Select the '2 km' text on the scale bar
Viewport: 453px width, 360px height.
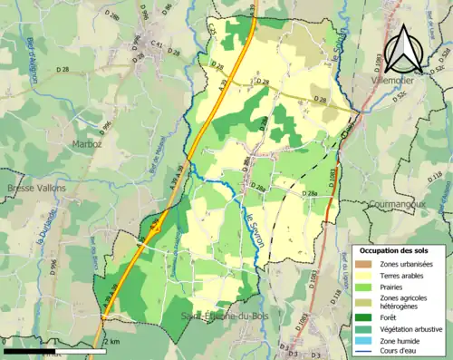[113, 342]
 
